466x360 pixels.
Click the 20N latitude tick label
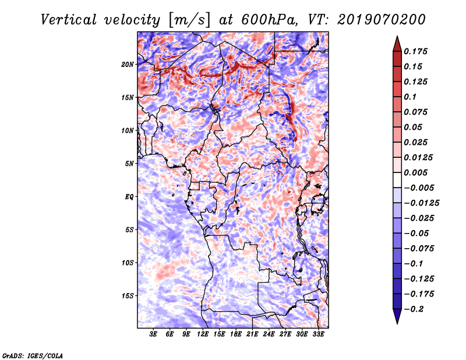pyautogui.click(x=128, y=65)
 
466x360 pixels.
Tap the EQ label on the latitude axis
pyautogui.click(x=129, y=197)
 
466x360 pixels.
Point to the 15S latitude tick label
pyautogui.click(x=128, y=296)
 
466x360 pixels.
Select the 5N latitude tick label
pyautogui.click(x=129, y=164)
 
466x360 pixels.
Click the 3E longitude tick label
pyautogui.click(x=153, y=334)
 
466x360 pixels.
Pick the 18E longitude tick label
pyautogui.click(x=236, y=334)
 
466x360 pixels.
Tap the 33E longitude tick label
pyautogui.click(x=318, y=334)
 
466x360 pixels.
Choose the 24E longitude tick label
pyautogui.click(x=269, y=334)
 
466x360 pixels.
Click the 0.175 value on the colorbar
pyautogui.click(x=415, y=51)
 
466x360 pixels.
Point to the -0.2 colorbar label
pyautogui.click(x=414, y=309)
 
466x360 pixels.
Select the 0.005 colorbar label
pyautogui.click(x=415, y=172)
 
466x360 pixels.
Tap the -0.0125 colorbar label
pyautogui.click(x=421, y=203)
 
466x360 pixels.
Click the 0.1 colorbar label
pyautogui.click(x=410, y=97)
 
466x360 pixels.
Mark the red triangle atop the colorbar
pyautogui.click(x=397, y=44)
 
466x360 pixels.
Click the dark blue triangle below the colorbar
pyautogui.click(x=397, y=316)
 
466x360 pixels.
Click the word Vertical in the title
pyautogui.click(x=69, y=20)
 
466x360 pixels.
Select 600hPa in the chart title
pyautogui.click(x=269, y=20)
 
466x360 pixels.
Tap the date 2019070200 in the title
pyautogui.click(x=382, y=20)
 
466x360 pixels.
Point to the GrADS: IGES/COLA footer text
pyautogui.click(x=33, y=355)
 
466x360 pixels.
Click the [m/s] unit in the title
pyautogui.click(x=189, y=20)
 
